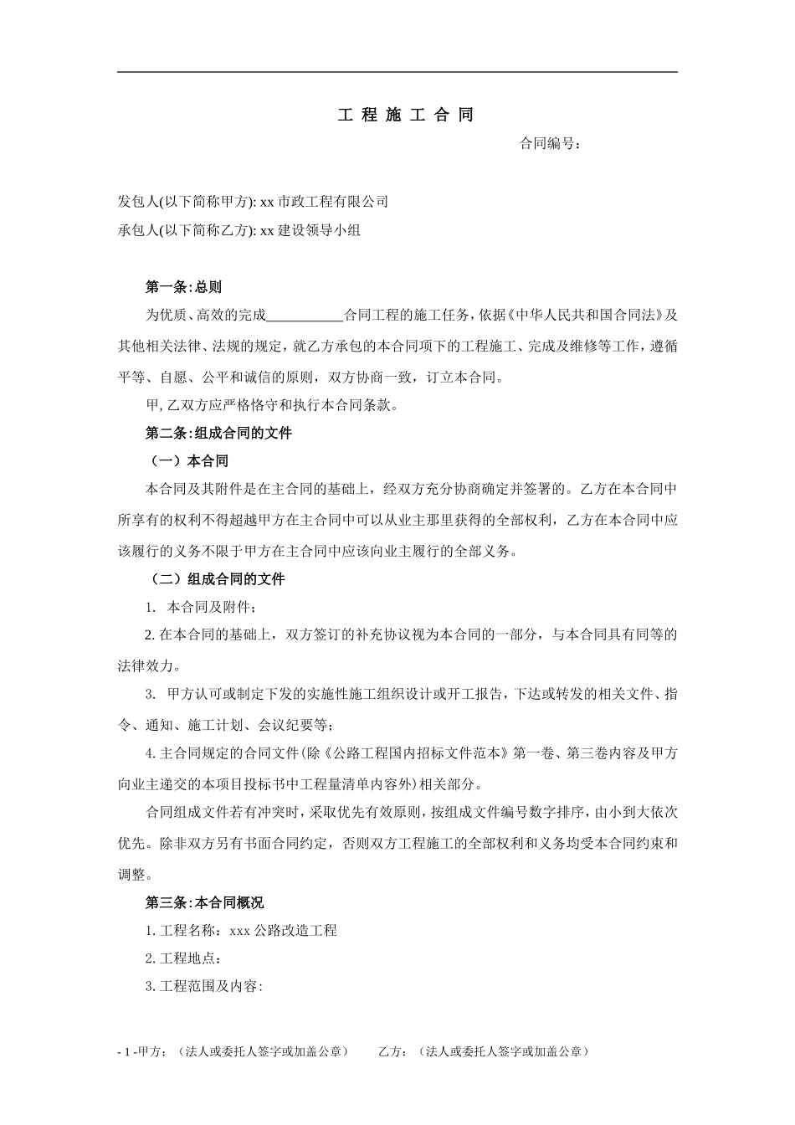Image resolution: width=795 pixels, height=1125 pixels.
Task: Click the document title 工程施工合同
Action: tap(405, 116)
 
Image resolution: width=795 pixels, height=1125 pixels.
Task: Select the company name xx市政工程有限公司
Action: tap(325, 202)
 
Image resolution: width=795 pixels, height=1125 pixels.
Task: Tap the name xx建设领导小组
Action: tap(310, 230)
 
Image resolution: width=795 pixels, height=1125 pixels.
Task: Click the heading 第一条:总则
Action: tap(183, 288)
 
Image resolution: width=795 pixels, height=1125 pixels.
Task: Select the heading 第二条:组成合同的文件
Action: tap(218, 434)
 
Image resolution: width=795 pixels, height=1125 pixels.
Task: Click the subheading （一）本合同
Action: tap(189, 461)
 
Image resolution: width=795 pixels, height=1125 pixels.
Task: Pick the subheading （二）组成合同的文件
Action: tap(218, 579)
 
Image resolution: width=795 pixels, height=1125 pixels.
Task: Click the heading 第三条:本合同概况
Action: tap(204, 903)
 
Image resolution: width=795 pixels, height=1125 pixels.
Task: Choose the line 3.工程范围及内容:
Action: tap(204, 987)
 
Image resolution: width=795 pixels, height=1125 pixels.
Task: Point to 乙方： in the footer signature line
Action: tap(393, 1052)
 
